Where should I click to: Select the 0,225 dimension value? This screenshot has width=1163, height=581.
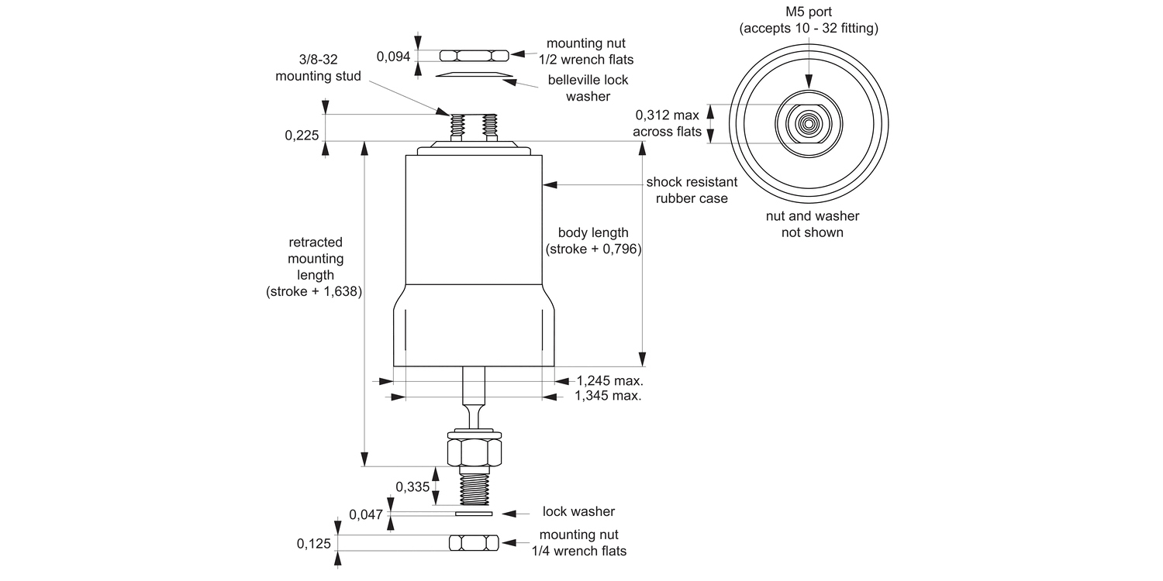coord(302,136)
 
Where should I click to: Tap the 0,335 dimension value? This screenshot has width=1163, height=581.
coord(412,486)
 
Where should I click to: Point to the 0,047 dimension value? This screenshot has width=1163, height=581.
coord(366,514)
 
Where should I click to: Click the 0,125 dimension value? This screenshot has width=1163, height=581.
coord(313,544)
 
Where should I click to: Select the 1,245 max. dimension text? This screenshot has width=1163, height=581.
coord(610,380)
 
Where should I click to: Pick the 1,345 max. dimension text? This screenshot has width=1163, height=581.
coord(608,396)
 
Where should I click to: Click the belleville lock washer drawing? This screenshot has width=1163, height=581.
coord(474,74)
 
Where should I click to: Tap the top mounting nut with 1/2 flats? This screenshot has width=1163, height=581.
coord(474,55)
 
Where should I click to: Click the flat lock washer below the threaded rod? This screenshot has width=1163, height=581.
coord(474,513)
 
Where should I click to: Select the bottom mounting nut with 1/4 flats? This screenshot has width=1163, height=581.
coord(474,543)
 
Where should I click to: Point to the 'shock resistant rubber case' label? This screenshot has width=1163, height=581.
coord(692,190)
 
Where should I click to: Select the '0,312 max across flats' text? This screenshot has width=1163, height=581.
coord(667,123)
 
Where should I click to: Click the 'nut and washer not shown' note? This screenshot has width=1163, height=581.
coord(812,224)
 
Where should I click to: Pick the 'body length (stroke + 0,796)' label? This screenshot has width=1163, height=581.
coord(593,241)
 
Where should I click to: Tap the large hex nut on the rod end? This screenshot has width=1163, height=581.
coord(474,450)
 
